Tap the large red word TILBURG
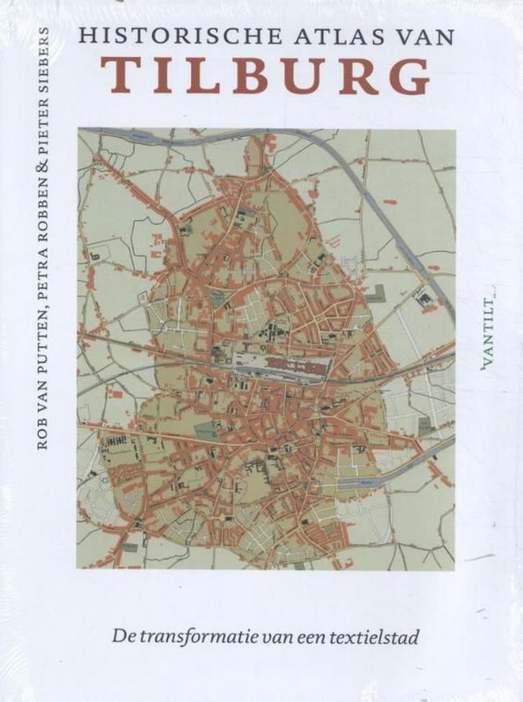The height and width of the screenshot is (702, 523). tap(266, 78)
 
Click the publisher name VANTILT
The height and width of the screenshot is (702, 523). tap(493, 331)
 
